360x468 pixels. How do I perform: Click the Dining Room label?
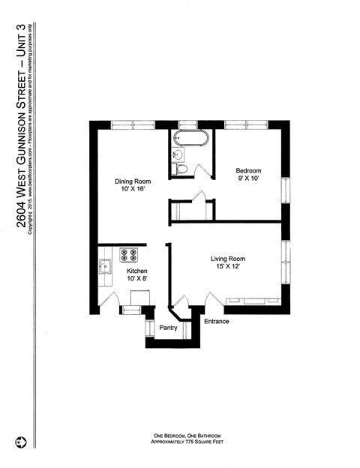(x=133, y=181)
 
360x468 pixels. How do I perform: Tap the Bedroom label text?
(x=248, y=171)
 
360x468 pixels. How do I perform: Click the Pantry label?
(x=169, y=328)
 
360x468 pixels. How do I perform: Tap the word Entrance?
(x=217, y=322)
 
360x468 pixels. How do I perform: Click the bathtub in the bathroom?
(x=190, y=138)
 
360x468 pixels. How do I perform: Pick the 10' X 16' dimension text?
(x=133, y=190)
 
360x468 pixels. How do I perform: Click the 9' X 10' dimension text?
(x=248, y=180)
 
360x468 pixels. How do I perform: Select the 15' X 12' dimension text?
(x=227, y=268)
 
